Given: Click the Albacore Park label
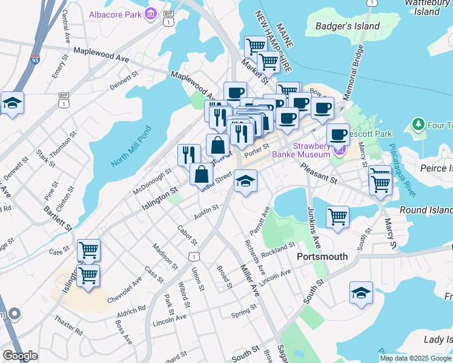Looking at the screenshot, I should click(115, 14).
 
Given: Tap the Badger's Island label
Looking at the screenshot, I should click(348, 26).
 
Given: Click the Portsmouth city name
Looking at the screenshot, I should click(322, 257).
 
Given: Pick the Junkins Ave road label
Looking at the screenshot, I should click(312, 229).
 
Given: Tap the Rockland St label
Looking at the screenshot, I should click(278, 249).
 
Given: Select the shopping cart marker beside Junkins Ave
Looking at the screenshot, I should click(337, 216).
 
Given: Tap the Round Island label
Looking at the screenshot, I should click(426, 210).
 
